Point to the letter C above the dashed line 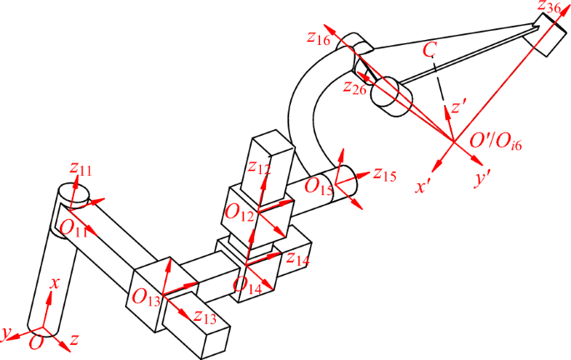coord(429,50)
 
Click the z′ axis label coord(458,107)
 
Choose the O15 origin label coord(318,186)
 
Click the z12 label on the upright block coord(259,167)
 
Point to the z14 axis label coord(298,257)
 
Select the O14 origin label coord(251,285)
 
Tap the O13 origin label coord(143,295)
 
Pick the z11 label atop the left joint coord(80,170)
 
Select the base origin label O coord(36,342)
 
